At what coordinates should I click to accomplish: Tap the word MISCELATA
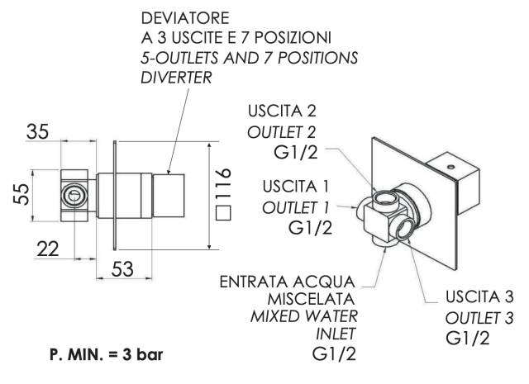pos(317,297)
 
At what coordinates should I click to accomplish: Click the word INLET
pos(336,334)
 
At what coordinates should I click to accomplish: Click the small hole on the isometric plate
pos(451,165)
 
